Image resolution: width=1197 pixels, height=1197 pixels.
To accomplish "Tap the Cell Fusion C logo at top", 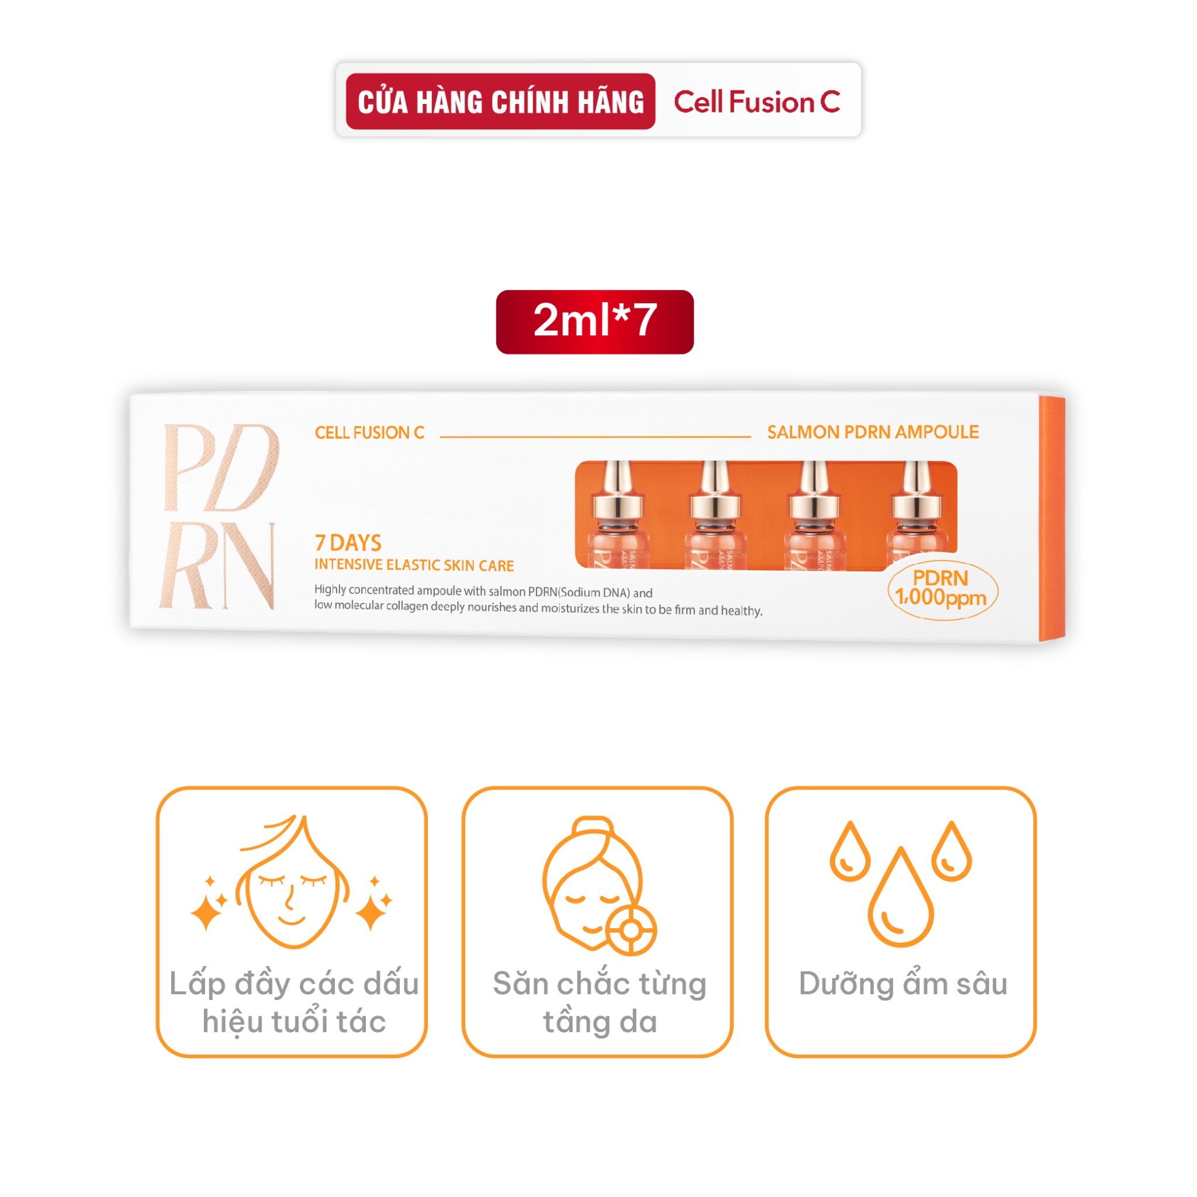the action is [756, 102].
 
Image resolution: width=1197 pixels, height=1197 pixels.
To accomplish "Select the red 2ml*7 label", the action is [595, 321].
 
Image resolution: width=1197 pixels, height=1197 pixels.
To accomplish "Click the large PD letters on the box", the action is [220, 468].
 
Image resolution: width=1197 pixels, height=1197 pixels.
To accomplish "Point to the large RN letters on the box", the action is [217, 566].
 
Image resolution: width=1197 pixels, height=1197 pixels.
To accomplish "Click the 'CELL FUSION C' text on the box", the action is [369, 433].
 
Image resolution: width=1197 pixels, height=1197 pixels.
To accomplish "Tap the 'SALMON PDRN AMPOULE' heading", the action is [873, 432].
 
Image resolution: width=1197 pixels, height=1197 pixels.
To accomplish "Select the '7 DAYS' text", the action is [348, 543].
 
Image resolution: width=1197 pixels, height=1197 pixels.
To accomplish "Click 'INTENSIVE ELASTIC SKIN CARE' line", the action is [414, 565].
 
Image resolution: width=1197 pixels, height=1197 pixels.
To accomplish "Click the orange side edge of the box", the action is [1052, 518].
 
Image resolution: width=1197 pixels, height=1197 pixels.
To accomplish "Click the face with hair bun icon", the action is [598, 886].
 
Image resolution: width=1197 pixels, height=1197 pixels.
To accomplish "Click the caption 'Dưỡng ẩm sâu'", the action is [902, 984].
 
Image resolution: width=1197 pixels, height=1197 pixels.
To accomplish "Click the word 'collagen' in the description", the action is [407, 606].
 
